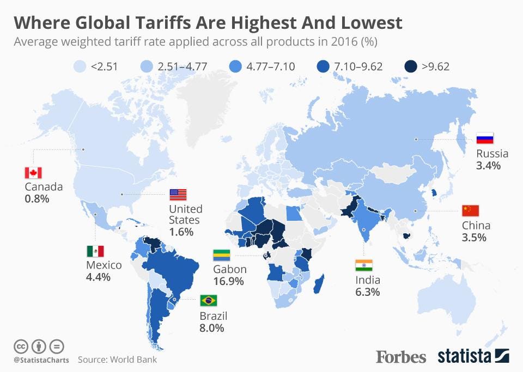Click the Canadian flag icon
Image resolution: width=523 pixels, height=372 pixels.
pos(33,173)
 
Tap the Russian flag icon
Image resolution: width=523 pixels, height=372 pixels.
pos(485,139)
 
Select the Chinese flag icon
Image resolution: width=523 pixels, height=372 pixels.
pos(470,210)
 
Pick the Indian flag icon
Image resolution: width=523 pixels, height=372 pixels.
pos(363,265)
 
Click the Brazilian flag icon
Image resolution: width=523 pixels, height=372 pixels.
pos(209,300)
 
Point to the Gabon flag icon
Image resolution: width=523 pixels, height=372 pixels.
pos(221,255)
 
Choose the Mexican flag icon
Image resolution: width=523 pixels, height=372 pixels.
pos(95,251)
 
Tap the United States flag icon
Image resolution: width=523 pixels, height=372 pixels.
pos(178,195)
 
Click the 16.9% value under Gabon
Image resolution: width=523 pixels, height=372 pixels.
pos(229,282)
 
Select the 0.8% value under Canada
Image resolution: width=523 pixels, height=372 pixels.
pos(37,199)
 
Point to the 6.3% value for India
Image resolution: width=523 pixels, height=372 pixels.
pos(367,293)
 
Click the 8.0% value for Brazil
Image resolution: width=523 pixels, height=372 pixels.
pos(212,328)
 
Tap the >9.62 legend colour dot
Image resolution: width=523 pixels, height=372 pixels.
pos(411,67)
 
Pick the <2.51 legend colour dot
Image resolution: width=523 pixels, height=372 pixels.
pos(81,67)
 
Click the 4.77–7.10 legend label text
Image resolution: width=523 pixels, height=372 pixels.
pos(271,67)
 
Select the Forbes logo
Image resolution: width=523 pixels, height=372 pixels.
pos(401,357)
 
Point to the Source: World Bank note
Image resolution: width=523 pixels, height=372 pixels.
pos(117,359)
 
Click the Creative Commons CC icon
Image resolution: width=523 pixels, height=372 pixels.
pos(21,346)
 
